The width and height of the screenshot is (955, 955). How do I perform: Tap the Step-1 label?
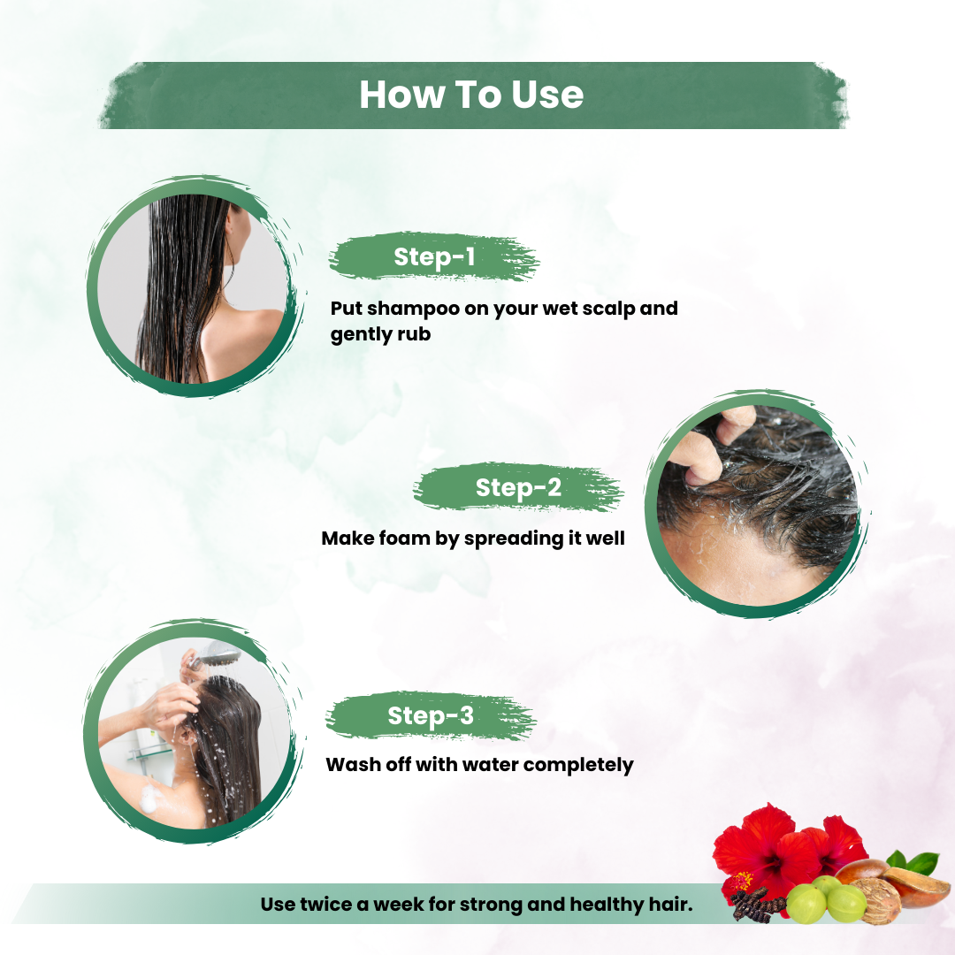click(434, 257)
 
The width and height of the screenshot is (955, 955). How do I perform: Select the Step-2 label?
click(518, 488)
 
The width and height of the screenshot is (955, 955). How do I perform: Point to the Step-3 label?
click(431, 715)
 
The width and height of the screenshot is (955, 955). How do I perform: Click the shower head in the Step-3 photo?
click(223, 657)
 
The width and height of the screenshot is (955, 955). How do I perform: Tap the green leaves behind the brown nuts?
click(914, 862)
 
